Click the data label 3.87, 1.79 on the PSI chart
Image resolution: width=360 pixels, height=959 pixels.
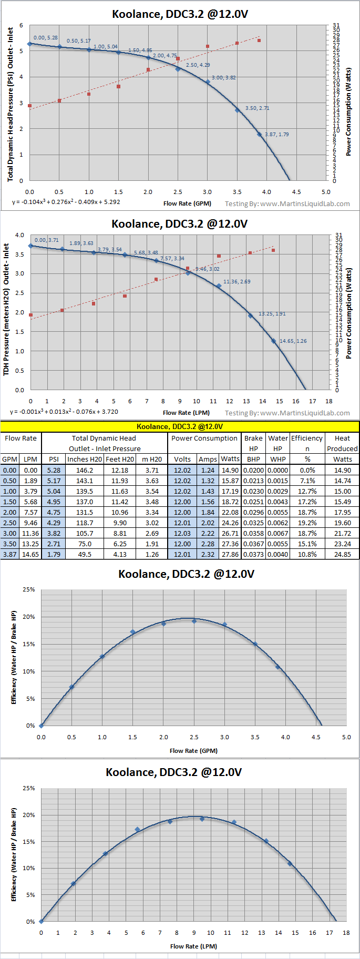276,135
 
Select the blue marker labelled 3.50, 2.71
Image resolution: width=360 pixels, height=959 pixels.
238,110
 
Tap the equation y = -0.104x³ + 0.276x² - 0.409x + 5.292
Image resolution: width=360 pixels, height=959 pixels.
66,202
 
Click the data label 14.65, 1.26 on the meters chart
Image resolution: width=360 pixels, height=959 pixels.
293,341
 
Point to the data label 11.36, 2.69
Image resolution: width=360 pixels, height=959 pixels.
237,282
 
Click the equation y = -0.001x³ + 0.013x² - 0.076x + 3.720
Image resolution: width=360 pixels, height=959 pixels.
64,412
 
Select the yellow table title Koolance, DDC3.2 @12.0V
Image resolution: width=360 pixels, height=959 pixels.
180,426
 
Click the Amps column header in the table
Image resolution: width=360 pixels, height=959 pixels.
208,459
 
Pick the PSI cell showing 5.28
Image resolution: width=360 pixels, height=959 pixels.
54,470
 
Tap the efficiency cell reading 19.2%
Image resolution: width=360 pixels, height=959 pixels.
307,523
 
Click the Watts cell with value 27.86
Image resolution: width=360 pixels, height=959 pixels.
230,554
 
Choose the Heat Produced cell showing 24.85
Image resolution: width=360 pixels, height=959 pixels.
342,554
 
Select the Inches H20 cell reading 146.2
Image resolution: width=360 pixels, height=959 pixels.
85,470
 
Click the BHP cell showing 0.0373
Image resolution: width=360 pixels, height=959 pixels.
253,554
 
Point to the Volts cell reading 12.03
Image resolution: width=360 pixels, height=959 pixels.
182,533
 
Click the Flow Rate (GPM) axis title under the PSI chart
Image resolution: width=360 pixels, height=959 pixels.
187,203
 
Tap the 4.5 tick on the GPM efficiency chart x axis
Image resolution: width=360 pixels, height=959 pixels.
316,737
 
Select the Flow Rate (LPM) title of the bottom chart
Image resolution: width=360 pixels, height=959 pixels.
193,946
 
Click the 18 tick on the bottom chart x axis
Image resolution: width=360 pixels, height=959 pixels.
346,933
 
